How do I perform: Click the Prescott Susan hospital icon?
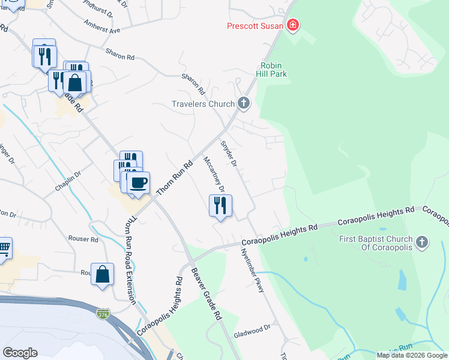(293, 25)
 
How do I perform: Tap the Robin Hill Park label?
(274, 70)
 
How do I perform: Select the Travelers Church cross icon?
(243, 103)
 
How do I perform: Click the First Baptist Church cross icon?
(422, 242)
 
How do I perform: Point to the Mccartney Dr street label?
(214, 175)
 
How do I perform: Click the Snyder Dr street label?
(229, 153)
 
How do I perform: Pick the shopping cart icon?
(4, 248)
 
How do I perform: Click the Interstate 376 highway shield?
(104, 313)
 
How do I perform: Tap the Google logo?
(20, 353)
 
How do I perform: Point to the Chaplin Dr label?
(68, 181)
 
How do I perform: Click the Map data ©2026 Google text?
(411, 355)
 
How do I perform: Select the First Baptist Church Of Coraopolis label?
(376, 243)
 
